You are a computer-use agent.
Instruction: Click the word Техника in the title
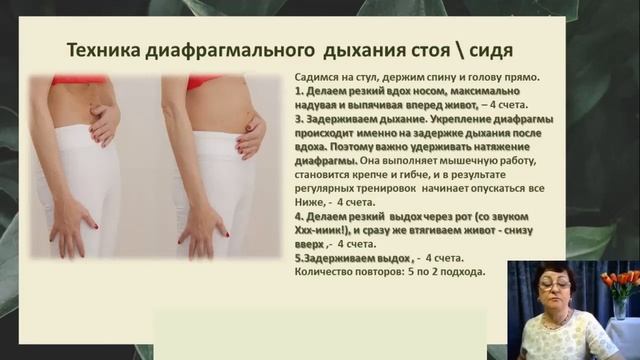(x=103, y=50)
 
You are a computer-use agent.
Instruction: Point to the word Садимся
(x=320, y=76)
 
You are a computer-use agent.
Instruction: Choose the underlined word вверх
(x=310, y=244)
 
